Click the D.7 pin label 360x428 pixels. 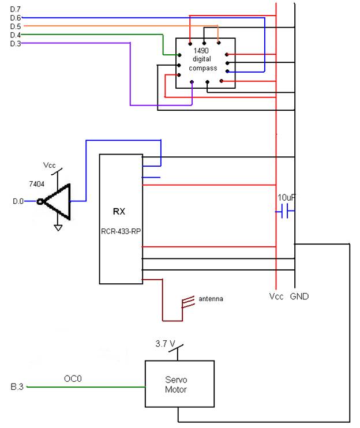tap(15, 9)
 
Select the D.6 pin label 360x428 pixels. tap(15, 18)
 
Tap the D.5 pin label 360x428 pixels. tap(15, 27)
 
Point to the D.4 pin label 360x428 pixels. tap(15, 35)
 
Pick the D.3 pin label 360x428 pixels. tap(15, 44)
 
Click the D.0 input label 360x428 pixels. tap(18, 201)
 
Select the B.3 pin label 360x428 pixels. tap(17, 386)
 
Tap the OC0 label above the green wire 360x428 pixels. tap(73, 378)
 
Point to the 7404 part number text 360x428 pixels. tap(36, 184)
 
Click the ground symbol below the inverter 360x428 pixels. tap(58, 228)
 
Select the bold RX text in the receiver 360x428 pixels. tap(119, 211)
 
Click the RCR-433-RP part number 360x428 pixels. tap(121, 231)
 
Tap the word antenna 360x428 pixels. tap(211, 299)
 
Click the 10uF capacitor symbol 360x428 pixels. tap(284, 211)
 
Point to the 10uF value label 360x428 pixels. tap(287, 197)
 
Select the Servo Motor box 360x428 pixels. tap(179, 384)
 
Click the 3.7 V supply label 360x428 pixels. tap(165, 344)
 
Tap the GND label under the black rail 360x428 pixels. tap(299, 296)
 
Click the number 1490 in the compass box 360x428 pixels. tap(201, 51)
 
